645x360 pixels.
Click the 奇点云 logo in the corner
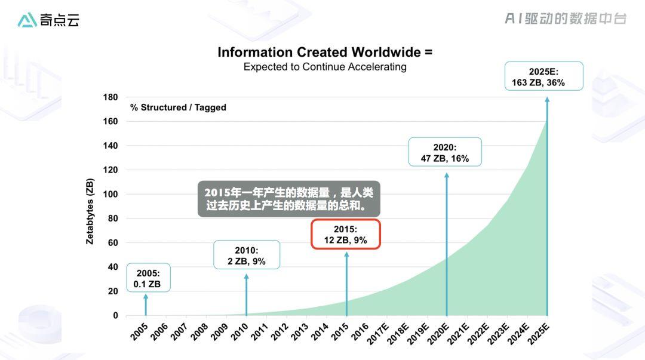[48, 20]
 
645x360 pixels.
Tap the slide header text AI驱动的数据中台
[565, 19]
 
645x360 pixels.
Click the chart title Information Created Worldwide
[324, 52]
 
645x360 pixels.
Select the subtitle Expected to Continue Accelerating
[324, 67]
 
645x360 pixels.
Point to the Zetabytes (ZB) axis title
[90, 211]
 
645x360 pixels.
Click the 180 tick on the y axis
[110, 97]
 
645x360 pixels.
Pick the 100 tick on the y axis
[110, 194]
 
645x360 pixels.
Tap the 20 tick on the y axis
[113, 291]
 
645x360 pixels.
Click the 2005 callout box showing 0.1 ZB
[148, 278]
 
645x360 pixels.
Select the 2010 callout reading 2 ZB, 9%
[247, 255]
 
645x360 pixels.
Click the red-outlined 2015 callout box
[346, 234]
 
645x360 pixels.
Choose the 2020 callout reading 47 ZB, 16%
[445, 152]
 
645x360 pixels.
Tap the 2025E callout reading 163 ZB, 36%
[543, 76]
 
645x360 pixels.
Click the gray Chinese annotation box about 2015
[289, 199]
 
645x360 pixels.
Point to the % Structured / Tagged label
[178, 107]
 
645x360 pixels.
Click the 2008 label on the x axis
[200, 332]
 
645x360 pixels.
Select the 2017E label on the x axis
[378, 334]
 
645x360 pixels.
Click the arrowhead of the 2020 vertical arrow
[446, 176]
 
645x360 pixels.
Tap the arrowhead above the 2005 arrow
[146, 296]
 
